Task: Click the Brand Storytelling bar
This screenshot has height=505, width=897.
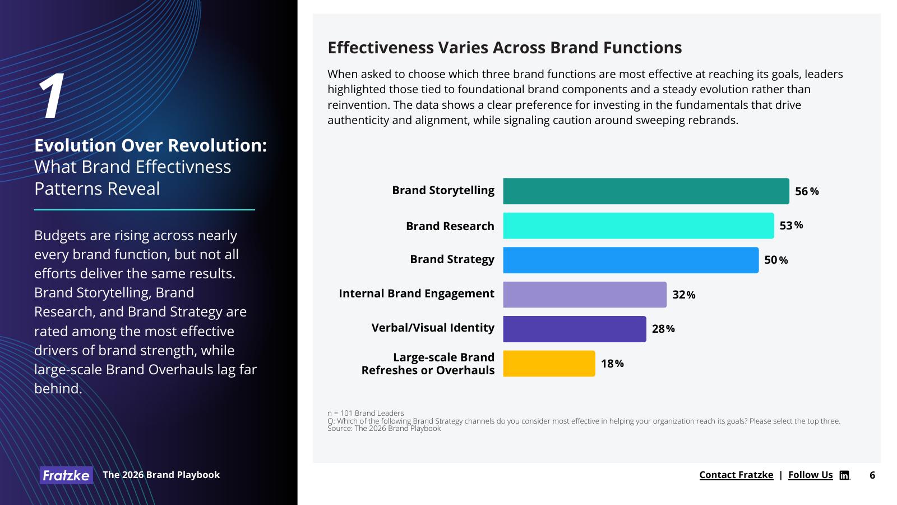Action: point(646,191)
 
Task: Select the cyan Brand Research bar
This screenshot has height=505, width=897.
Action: point(638,226)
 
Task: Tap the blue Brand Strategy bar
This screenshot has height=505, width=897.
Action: point(631,260)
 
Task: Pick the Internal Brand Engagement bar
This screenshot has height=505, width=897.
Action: point(585,295)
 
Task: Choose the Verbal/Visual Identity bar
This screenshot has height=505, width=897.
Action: point(574,329)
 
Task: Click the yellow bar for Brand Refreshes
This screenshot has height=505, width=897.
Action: point(549,364)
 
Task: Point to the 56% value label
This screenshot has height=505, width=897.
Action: point(807,191)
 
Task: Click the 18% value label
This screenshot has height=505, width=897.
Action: point(612,364)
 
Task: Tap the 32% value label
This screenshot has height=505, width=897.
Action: point(684,295)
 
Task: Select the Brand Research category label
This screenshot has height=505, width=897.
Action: point(450,226)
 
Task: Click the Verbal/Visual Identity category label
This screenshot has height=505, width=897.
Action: point(433,328)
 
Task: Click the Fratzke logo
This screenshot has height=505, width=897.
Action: point(66,475)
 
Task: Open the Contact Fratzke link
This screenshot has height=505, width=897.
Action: point(736,475)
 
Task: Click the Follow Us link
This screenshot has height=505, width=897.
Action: point(810,475)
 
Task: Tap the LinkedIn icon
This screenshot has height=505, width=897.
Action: point(844,475)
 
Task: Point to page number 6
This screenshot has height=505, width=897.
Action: point(872,475)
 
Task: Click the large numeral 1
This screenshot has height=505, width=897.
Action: point(52,97)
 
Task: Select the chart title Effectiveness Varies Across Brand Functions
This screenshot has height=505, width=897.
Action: point(505,48)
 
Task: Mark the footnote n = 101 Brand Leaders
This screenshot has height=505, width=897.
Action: point(366,413)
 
